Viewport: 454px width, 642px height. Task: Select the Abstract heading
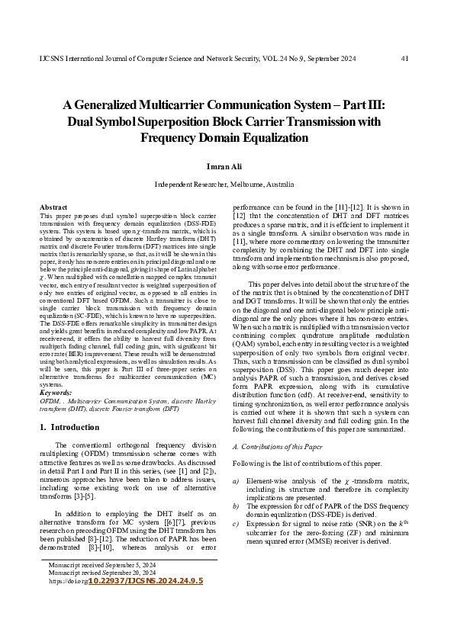point(53,207)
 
